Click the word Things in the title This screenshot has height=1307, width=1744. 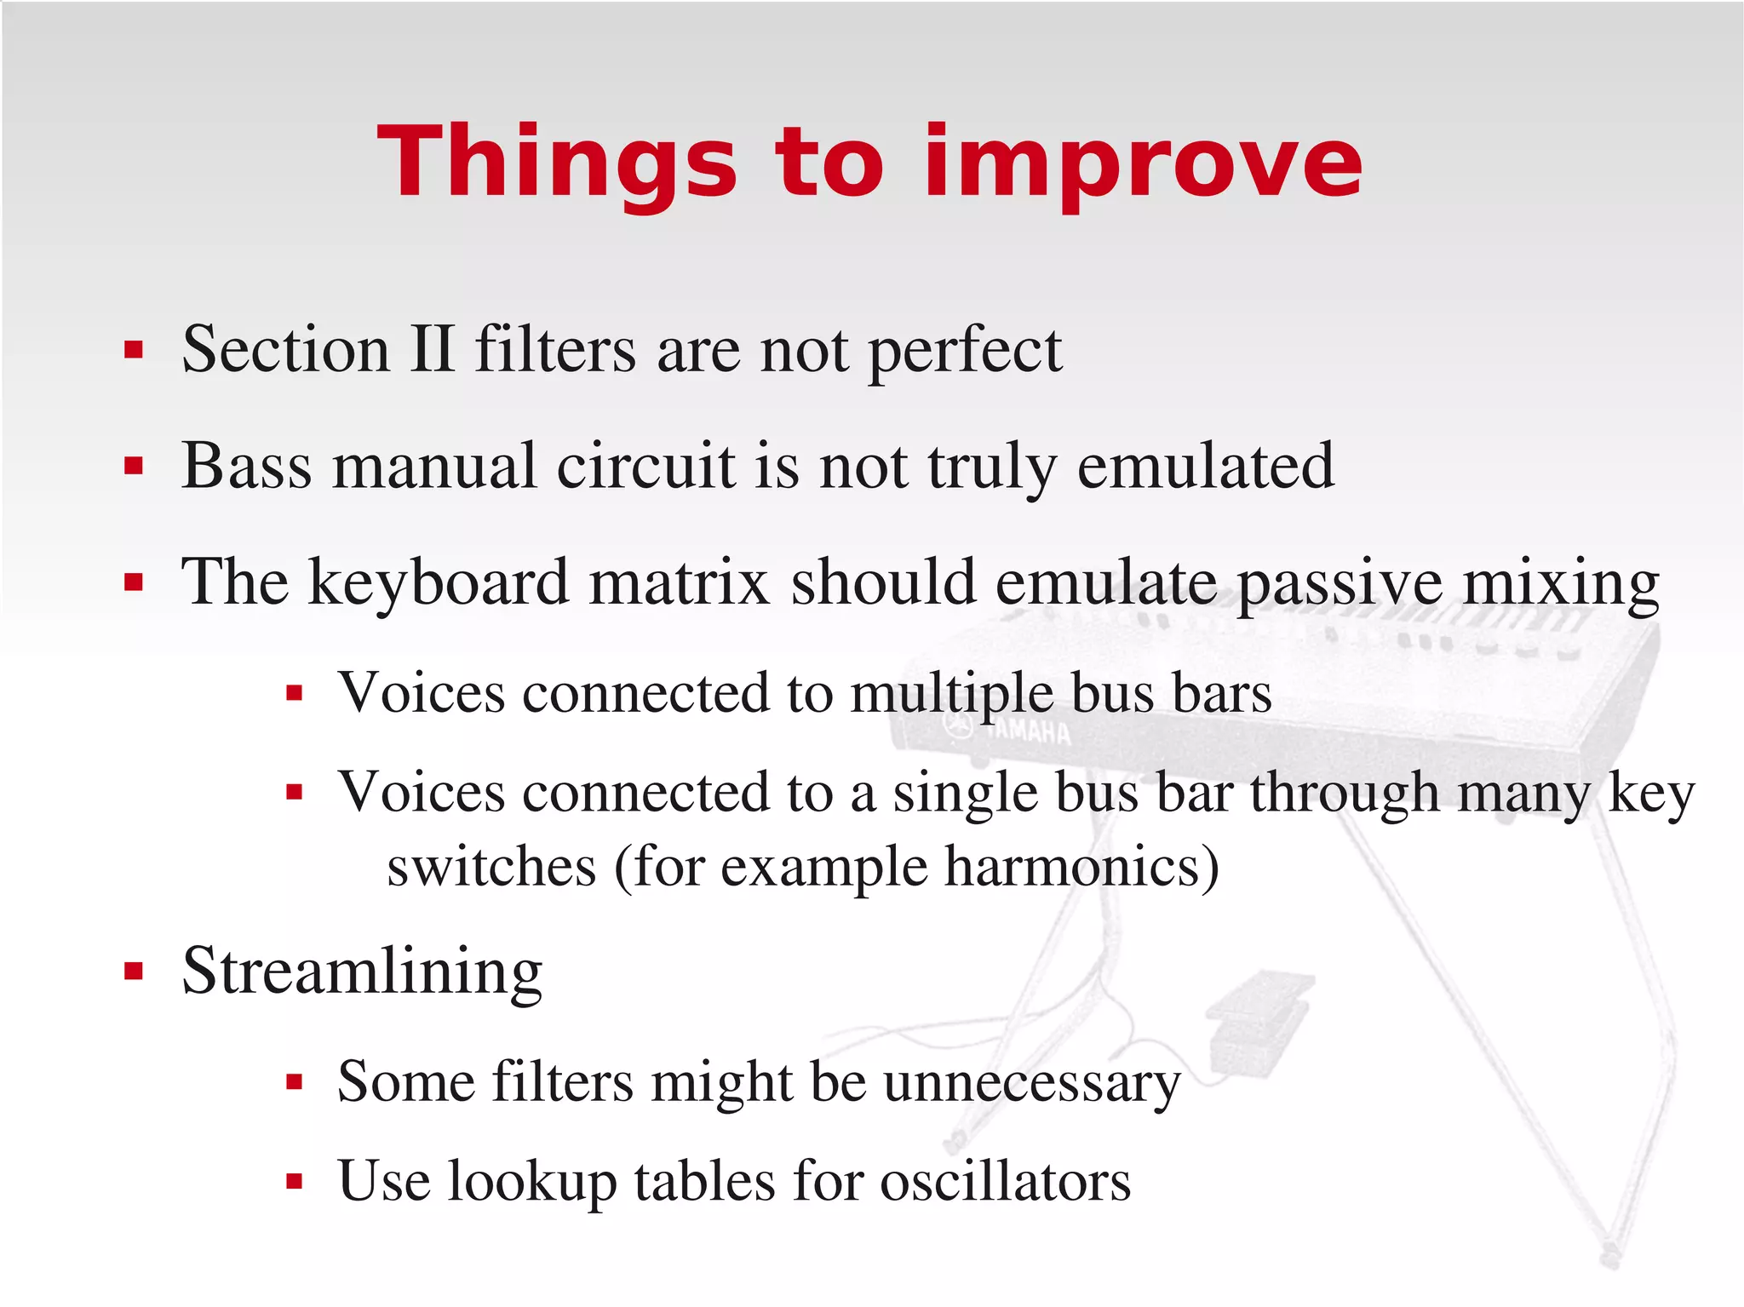pos(558,162)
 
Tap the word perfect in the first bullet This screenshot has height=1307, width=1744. pos(965,351)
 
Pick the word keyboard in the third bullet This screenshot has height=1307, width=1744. pos(438,583)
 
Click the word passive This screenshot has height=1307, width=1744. pos(1340,583)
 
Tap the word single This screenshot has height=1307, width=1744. pos(965,794)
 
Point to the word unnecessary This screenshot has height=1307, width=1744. pos(1031,1083)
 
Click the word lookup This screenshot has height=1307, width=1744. pos(531,1182)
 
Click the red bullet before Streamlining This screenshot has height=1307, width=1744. pos(133,972)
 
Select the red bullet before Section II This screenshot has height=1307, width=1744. pos(133,350)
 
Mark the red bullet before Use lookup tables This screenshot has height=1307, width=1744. pos(295,1182)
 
